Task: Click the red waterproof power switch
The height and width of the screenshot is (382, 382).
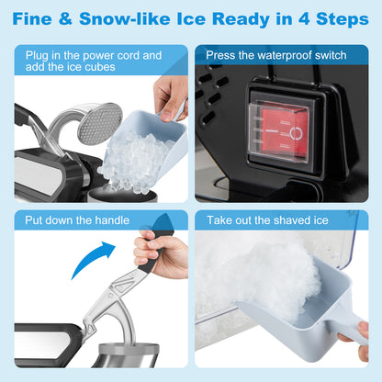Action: point(280,132)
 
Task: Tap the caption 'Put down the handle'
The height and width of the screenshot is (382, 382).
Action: point(79,221)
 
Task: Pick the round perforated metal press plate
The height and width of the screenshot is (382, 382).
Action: point(99,123)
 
